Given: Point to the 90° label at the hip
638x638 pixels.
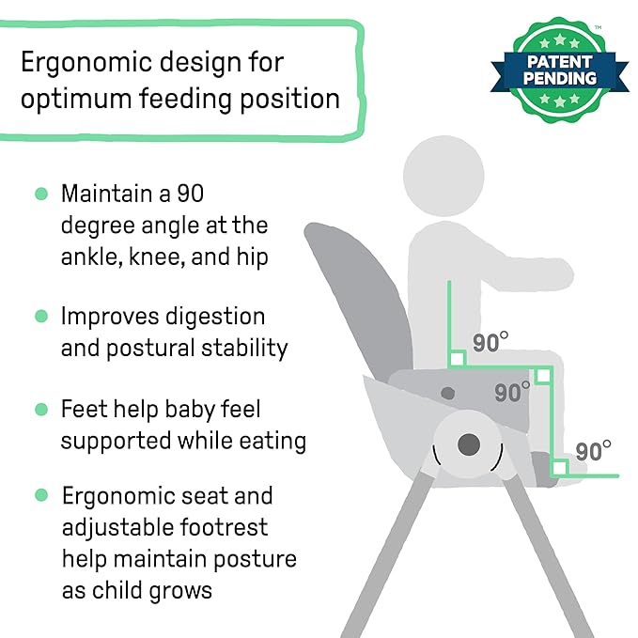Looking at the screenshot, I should pyautogui.click(x=490, y=342).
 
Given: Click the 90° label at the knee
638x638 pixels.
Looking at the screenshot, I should pyautogui.click(x=512, y=392).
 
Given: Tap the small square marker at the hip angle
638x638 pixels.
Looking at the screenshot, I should pyautogui.click(x=457, y=358).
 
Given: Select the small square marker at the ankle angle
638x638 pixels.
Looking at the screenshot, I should pyautogui.click(x=559, y=467).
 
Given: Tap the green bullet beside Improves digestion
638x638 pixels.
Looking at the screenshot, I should pyautogui.click(x=40, y=316).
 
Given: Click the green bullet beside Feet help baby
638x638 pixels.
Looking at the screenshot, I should pyautogui.click(x=40, y=409).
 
